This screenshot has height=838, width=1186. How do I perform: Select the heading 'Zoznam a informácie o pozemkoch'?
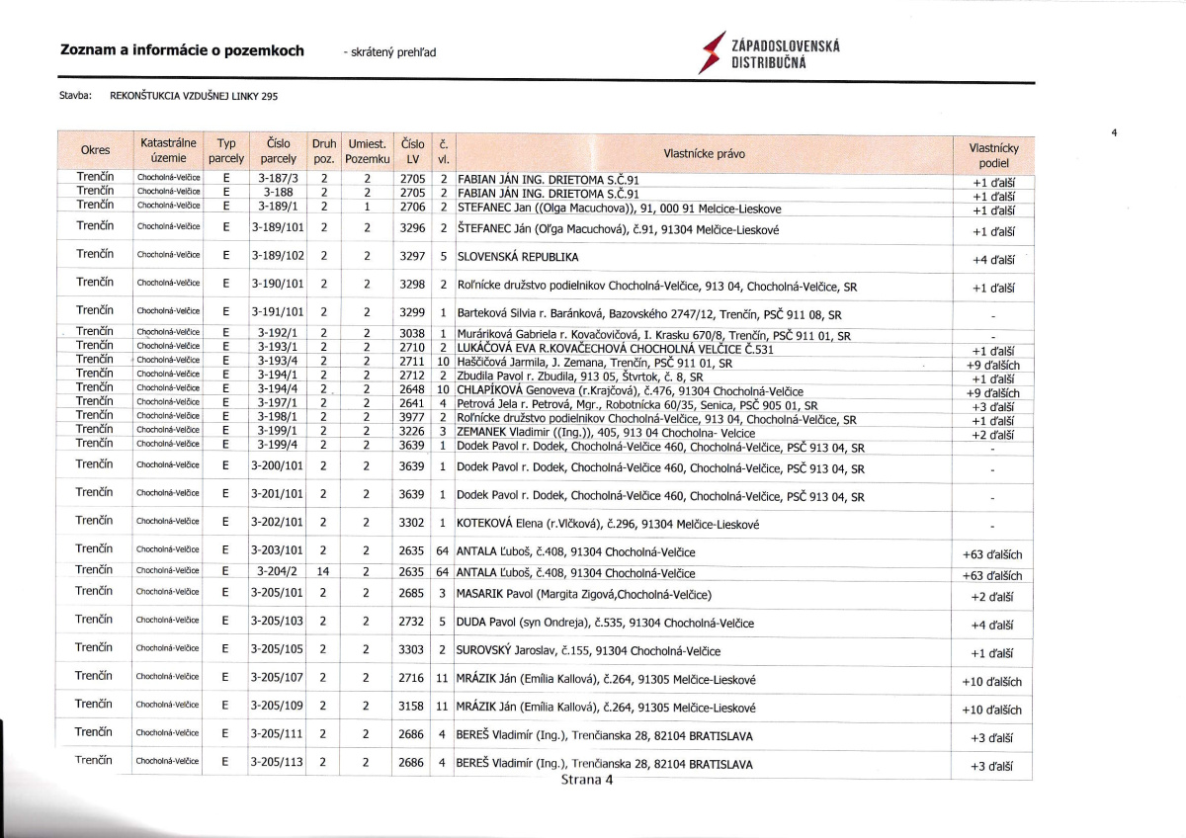click(x=182, y=50)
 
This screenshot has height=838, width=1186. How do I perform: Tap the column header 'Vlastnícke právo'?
click(x=704, y=153)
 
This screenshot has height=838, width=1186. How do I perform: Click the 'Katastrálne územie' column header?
click(x=169, y=150)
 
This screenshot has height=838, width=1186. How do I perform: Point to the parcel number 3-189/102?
click(x=277, y=255)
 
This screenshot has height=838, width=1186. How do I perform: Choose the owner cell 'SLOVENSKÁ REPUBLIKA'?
click(x=517, y=257)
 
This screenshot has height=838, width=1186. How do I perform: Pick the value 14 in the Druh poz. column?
click(x=323, y=571)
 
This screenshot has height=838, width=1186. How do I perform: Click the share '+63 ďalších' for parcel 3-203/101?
click(x=992, y=554)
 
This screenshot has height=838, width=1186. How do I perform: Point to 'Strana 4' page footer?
click(x=587, y=780)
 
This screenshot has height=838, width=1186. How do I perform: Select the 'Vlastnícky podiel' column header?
click(x=993, y=155)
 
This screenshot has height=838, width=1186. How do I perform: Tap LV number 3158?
click(x=411, y=707)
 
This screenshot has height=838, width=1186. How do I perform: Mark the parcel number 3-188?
click(x=277, y=193)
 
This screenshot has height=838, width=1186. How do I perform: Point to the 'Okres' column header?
click(x=95, y=150)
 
